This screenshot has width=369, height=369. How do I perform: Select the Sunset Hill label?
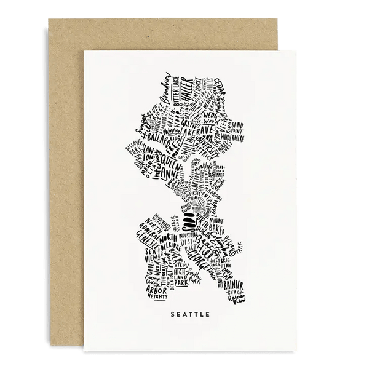click(142, 128)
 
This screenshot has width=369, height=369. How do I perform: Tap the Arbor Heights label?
click(151, 280)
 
